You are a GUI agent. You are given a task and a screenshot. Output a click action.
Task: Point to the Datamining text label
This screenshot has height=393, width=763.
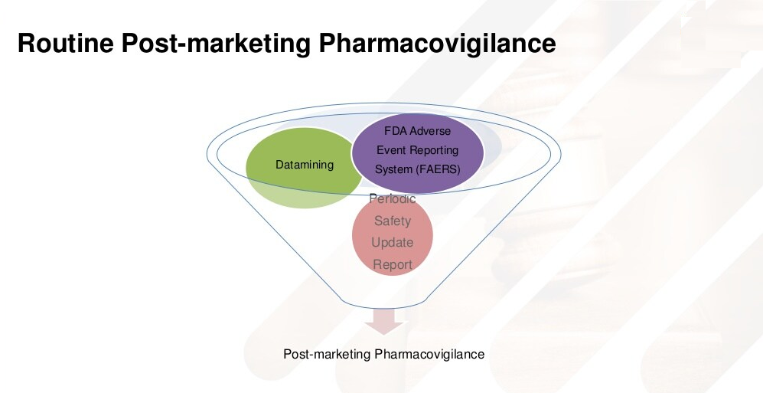(x=305, y=165)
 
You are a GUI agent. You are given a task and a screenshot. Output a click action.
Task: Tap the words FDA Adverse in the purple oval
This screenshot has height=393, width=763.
(x=418, y=130)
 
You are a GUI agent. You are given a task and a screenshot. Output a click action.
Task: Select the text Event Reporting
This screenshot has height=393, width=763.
(x=418, y=150)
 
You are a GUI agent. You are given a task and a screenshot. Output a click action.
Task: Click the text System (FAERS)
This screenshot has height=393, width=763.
(x=418, y=170)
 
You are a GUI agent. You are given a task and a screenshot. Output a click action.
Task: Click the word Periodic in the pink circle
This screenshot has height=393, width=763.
(x=393, y=198)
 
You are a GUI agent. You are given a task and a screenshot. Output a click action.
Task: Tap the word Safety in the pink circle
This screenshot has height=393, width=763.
(x=393, y=221)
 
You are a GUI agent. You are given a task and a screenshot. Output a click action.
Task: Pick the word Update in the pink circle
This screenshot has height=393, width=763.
(x=393, y=243)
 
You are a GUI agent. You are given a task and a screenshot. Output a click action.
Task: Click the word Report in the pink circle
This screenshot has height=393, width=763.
(x=393, y=265)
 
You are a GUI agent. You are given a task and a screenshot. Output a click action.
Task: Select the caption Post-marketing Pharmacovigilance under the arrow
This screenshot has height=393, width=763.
(x=384, y=355)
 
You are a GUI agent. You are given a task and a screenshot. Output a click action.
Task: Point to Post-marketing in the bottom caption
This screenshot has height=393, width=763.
(x=327, y=355)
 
